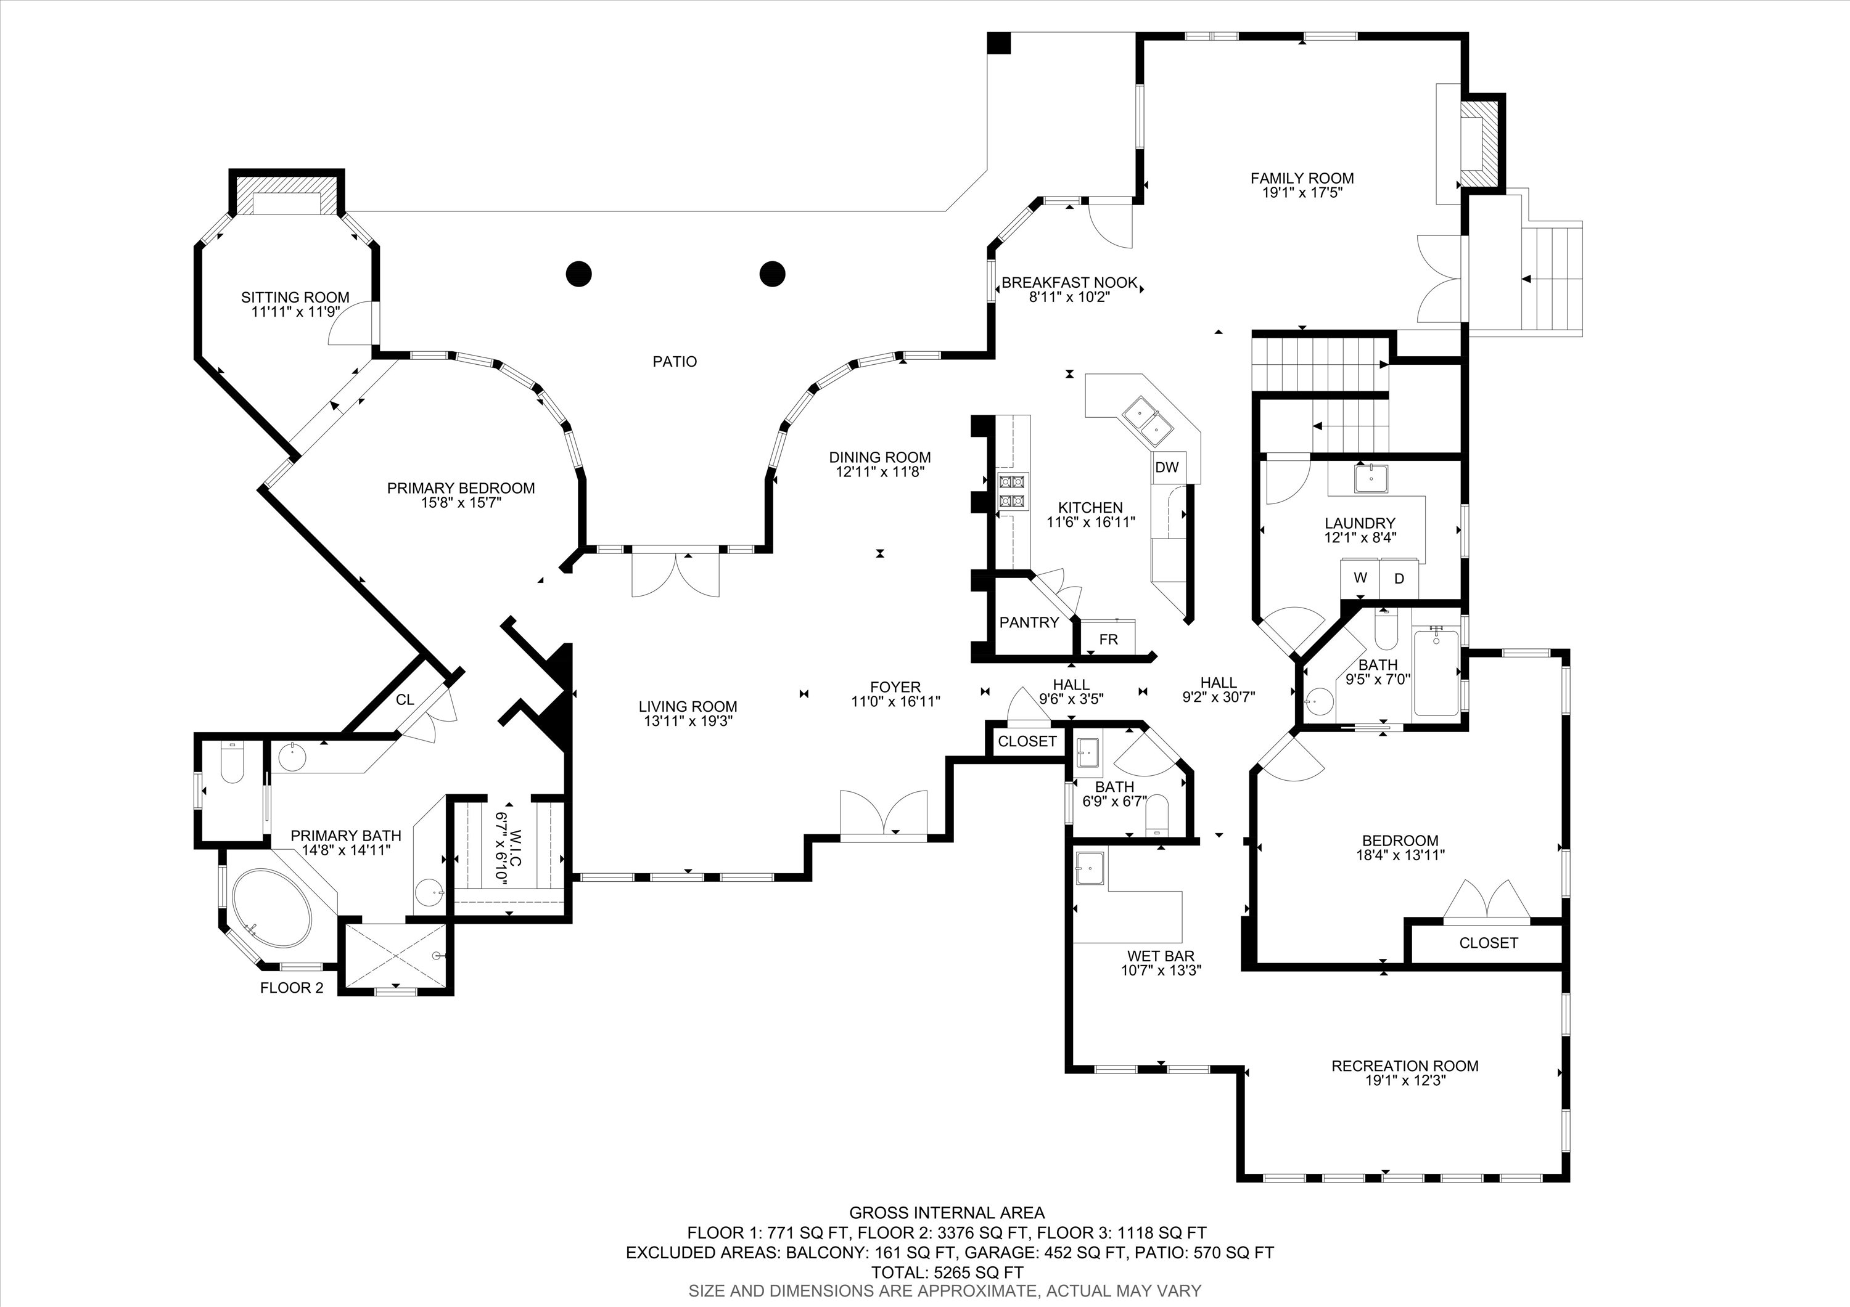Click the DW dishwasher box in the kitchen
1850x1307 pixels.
tap(1166, 467)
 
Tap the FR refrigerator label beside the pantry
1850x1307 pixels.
tap(1109, 640)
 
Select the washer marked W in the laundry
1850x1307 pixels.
tap(1360, 577)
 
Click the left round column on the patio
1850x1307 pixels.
tap(578, 274)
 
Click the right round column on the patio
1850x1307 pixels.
tap(772, 274)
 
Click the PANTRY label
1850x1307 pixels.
tap(1029, 622)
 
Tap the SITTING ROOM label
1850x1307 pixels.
tap(295, 297)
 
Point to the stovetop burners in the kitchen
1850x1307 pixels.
tap(1012, 491)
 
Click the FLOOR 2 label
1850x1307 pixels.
tap(292, 988)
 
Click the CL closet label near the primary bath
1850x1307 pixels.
tap(405, 700)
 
